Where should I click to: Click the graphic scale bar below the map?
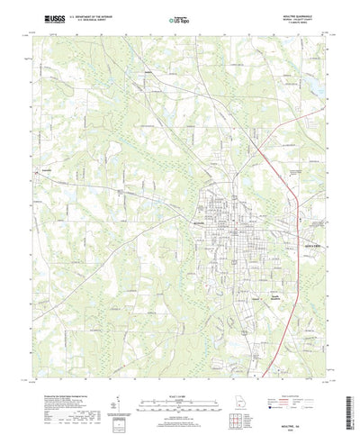pos(179,398)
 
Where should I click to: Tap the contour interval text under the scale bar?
pos(179,410)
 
